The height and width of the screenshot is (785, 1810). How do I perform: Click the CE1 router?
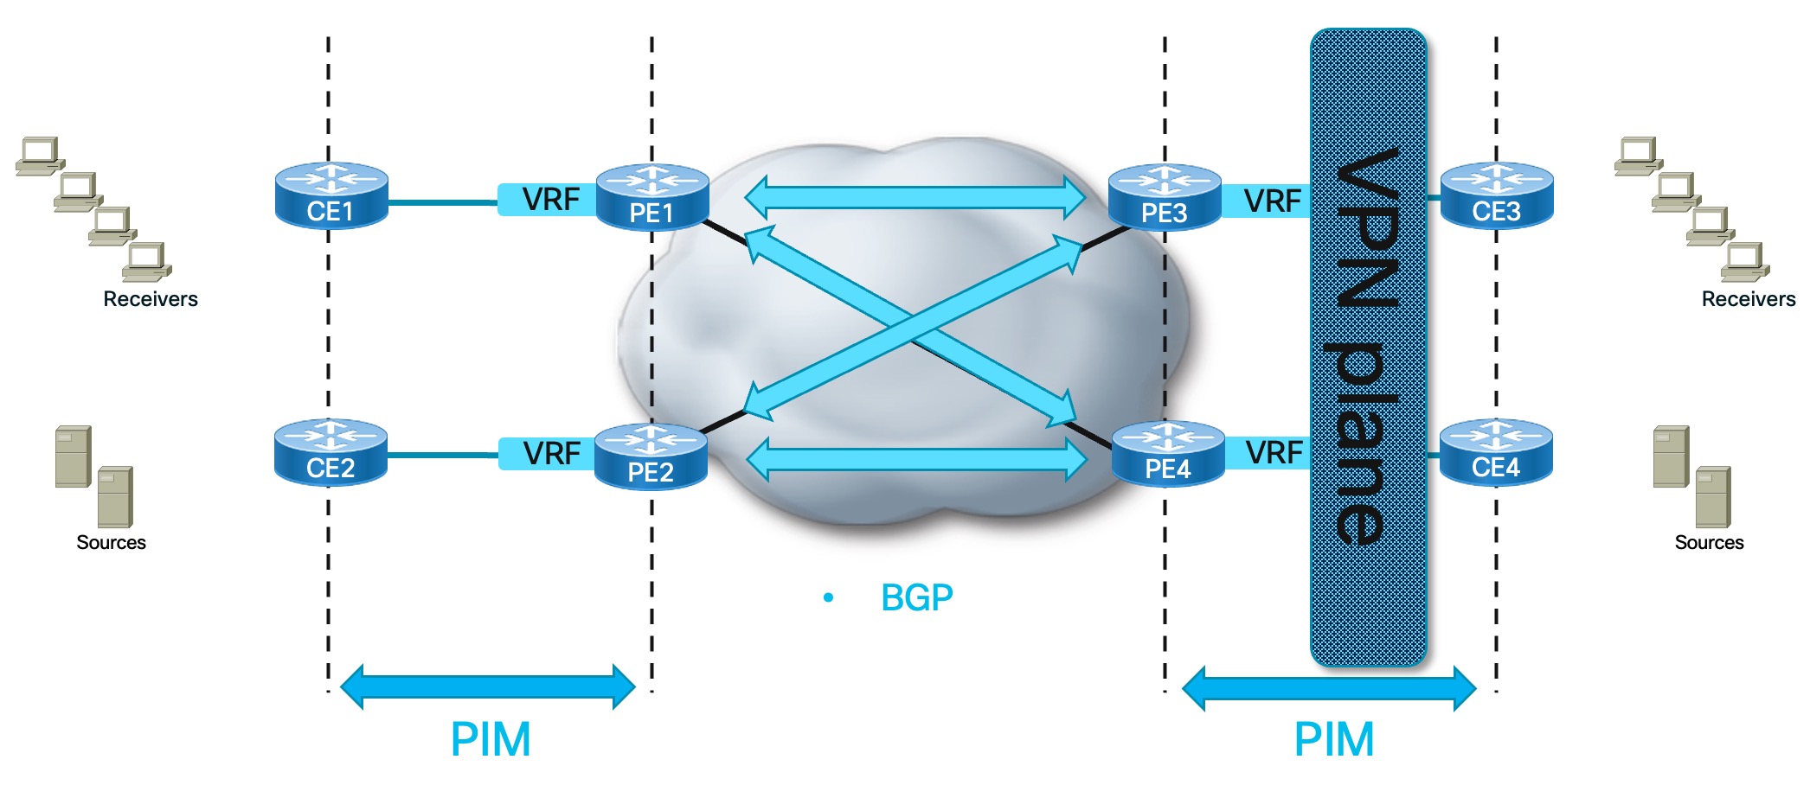coord(331,196)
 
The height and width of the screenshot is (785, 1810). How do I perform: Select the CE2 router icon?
coord(331,453)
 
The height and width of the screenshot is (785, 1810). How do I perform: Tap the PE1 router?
coord(652,198)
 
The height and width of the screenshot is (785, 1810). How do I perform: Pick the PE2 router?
coord(651,457)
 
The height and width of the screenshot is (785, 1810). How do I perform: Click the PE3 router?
coord(1164,198)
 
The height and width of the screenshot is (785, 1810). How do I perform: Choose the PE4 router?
coord(1167,454)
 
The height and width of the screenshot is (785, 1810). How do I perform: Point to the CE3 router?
coord(1497,196)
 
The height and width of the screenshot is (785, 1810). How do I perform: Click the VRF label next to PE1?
coord(550,200)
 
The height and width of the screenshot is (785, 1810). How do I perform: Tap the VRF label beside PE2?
coord(551,453)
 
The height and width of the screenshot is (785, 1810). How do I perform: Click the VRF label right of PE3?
coord(1272,201)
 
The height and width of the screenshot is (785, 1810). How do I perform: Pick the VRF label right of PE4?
coord(1274,452)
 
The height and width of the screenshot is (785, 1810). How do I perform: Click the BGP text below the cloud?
coord(916,597)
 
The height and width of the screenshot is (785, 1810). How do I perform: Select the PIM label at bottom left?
coord(490,740)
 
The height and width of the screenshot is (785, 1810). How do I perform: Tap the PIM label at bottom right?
coord(1333,740)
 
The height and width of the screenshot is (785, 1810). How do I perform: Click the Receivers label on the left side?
coord(151,299)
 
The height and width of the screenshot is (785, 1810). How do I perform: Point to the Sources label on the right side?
coord(1709,543)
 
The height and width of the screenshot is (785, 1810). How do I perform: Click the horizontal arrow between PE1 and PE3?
coord(915,197)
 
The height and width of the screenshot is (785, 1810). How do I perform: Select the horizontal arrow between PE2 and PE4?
coord(916,459)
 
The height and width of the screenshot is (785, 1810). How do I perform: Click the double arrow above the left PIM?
coord(488,687)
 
